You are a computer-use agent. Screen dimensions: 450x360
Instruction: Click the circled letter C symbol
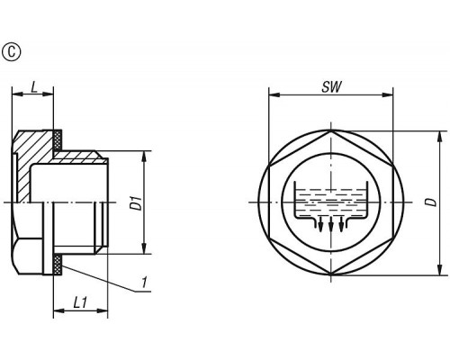[x=12, y=52]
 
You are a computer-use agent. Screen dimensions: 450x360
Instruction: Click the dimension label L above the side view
[x=34, y=87]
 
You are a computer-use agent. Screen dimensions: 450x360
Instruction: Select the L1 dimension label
[x=80, y=302]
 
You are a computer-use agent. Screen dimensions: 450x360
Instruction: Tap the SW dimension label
[x=331, y=87]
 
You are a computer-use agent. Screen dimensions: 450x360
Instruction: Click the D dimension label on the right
[x=432, y=202]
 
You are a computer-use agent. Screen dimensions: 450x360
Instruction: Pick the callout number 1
[x=145, y=283]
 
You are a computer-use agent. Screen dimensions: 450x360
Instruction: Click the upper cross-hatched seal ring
[x=58, y=139]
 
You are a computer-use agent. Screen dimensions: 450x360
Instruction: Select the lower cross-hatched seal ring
[x=58, y=265]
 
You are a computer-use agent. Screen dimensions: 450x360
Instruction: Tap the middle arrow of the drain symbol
[x=331, y=223]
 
